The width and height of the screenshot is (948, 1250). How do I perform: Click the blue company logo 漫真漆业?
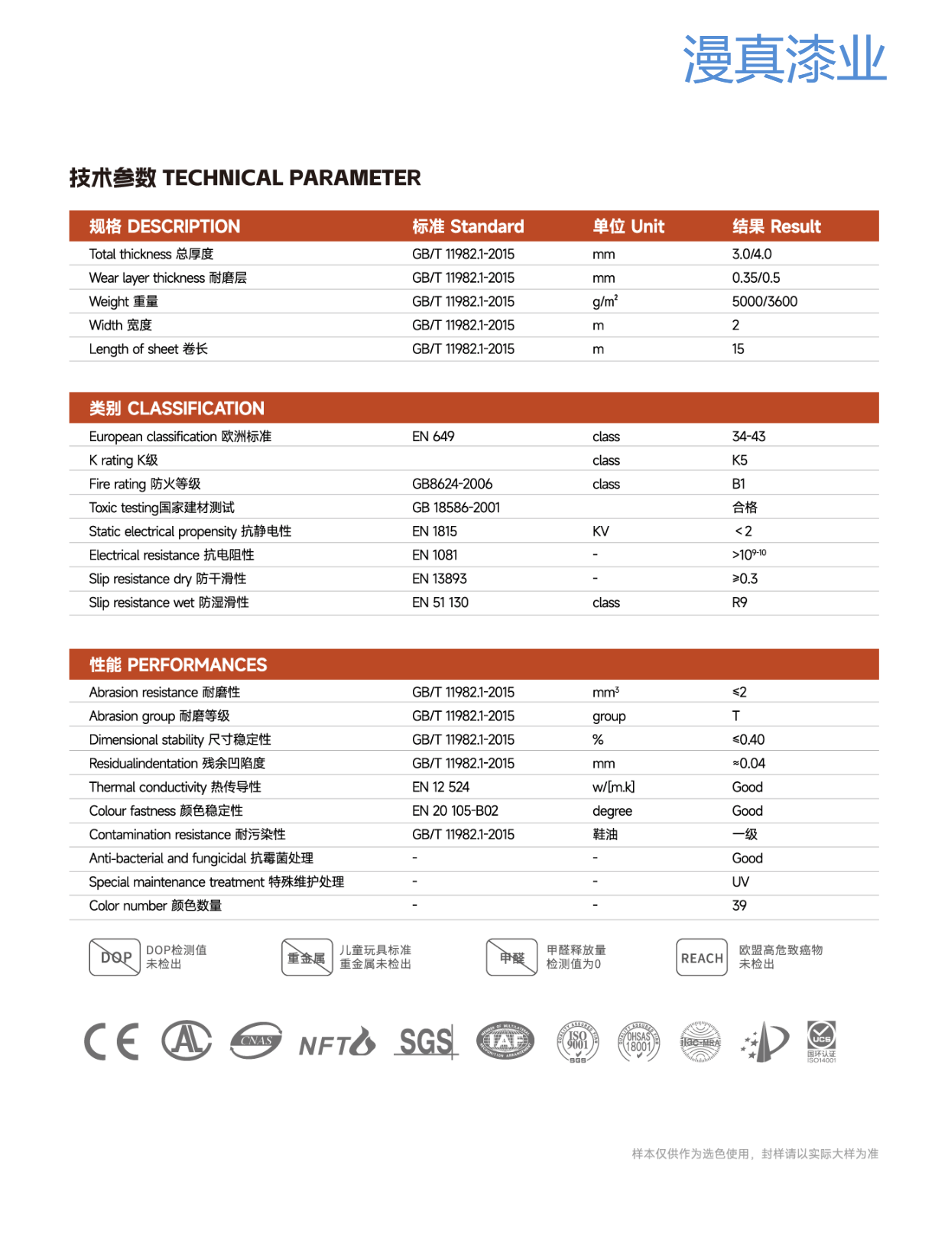tap(784, 59)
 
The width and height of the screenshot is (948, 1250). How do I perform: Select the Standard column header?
tap(468, 226)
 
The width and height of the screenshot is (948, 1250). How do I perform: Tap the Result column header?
tap(776, 226)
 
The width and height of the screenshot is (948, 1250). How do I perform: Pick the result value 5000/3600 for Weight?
tap(765, 301)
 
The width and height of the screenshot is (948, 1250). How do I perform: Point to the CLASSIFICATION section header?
tap(177, 408)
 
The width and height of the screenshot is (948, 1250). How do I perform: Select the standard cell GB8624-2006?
tap(452, 484)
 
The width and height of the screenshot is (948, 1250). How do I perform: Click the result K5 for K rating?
tap(739, 460)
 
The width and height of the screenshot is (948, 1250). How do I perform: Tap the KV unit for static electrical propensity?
tap(600, 531)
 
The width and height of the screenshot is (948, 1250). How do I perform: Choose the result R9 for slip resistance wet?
tap(739, 602)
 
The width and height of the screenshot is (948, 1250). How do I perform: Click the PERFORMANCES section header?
tap(178, 665)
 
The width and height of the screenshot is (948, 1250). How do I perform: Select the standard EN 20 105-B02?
tap(455, 810)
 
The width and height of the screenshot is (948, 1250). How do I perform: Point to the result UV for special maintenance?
tap(740, 881)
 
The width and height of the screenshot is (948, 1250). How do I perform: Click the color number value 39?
tap(739, 905)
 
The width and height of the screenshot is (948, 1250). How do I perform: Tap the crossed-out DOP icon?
tap(115, 957)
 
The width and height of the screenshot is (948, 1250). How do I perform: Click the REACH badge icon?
tap(701, 958)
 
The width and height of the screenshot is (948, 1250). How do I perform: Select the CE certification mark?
tap(112, 1041)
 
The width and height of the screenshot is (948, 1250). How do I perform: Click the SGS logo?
tap(426, 1041)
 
